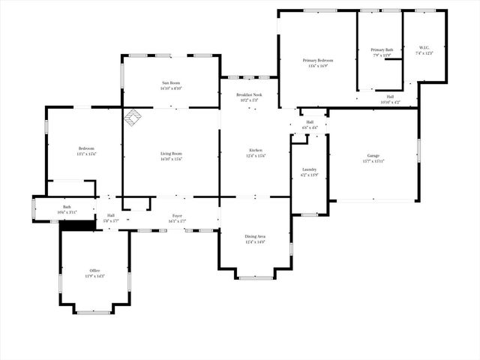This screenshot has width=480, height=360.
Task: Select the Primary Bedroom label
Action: (x=318, y=60)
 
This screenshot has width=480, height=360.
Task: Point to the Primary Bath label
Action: (x=382, y=50)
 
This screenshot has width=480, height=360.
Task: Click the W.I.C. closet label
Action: (x=424, y=48)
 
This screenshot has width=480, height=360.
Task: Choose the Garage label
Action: (x=373, y=155)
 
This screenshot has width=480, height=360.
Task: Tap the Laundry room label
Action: (x=309, y=169)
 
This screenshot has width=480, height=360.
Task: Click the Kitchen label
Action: (x=256, y=150)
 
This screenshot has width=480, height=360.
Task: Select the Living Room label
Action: (x=171, y=154)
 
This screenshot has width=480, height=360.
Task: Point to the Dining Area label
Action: (x=255, y=236)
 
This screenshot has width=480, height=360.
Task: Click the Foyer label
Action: (x=177, y=216)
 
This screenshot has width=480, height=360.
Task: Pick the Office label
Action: (x=95, y=270)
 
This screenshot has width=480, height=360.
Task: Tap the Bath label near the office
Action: (x=67, y=207)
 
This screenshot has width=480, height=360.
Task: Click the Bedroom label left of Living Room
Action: (x=86, y=148)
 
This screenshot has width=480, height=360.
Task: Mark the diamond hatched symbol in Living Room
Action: (x=133, y=117)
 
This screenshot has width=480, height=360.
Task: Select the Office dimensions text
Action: (x=95, y=276)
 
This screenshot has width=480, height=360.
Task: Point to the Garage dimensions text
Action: (x=373, y=161)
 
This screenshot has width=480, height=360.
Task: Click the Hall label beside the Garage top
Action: (x=310, y=122)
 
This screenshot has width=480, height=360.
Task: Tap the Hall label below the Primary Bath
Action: (x=390, y=96)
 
